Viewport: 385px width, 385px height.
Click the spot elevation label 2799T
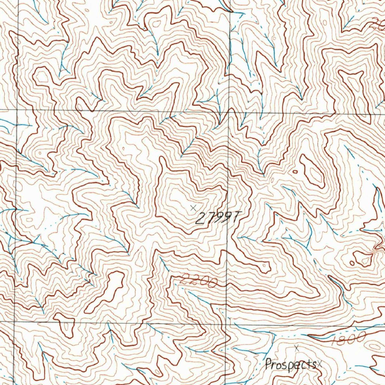point(217,217)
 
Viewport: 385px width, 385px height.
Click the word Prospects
point(290,364)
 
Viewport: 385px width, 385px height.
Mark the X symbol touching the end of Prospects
point(319,363)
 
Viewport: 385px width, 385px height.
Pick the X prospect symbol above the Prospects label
point(297,348)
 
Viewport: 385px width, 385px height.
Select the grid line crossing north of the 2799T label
point(229,112)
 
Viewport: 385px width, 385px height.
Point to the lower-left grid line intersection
point(14,322)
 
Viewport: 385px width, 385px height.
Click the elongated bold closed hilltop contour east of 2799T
point(312,171)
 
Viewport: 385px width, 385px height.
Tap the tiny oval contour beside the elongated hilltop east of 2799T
point(295,172)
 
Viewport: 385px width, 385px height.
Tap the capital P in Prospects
point(268,364)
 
